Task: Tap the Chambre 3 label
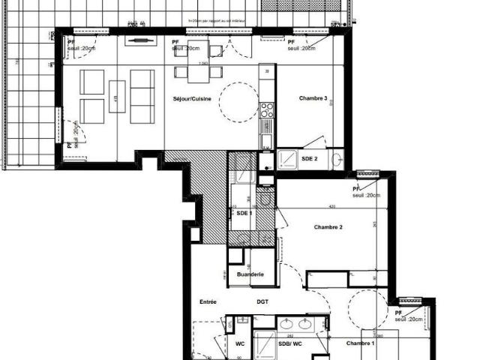tap(313, 98)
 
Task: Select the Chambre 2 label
tap(328, 227)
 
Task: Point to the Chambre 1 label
tap(361, 343)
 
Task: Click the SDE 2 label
tap(310, 159)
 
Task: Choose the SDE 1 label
tap(244, 213)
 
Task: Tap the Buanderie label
tap(250, 275)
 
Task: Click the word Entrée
tap(208, 301)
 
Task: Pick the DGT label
tap(262, 301)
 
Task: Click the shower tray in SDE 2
tap(287, 160)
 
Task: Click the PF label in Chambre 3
tap(291, 43)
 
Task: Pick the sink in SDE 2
tap(337, 158)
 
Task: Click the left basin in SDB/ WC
tap(287, 325)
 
